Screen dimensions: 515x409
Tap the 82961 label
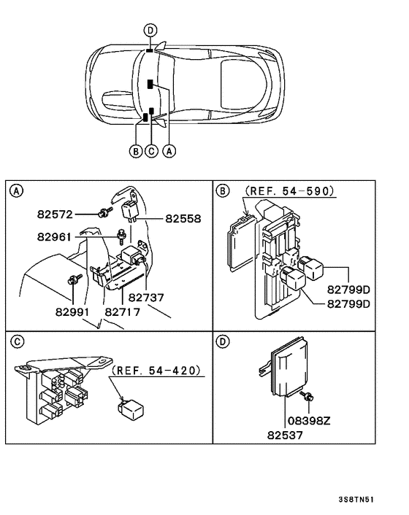[x=57, y=236]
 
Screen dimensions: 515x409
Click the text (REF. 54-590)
[x=289, y=191]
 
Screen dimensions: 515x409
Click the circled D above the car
[x=150, y=30]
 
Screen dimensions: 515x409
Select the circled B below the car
[x=134, y=151]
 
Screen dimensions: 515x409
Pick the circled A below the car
[x=169, y=151]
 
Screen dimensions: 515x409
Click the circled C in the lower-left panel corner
[x=15, y=340]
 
